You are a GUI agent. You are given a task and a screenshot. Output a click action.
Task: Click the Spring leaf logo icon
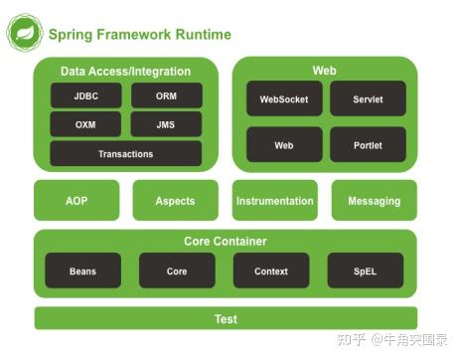pos(24,32)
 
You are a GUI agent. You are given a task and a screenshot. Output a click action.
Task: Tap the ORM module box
pos(166,95)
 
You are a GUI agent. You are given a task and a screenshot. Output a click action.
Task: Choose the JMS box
pos(166,124)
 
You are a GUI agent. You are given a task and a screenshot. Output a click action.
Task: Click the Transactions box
pos(125,154)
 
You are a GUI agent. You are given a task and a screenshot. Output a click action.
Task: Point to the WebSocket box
pos(284,99)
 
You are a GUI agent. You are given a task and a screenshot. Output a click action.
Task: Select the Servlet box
pos(368,99)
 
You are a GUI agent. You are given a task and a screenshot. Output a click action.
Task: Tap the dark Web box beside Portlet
pos(284,144)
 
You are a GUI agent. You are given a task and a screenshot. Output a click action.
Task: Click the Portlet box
pos(368,144)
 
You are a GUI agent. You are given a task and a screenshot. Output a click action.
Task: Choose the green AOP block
pos(76,201)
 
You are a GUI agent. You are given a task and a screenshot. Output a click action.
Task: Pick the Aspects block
pos(175,201)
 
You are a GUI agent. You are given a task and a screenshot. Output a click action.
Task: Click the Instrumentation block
pos(274,201)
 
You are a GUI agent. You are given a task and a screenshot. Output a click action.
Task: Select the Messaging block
pos(374,201)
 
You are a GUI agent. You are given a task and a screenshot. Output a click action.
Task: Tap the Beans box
pos(83,270)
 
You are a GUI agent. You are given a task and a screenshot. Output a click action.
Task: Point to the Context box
pos(271,270)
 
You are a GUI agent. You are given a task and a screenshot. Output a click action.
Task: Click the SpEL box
pos(366,270)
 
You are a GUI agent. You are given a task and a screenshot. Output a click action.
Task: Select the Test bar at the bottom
pos(226,319)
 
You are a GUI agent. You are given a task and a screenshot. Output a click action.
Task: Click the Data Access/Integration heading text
pos(125,71)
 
